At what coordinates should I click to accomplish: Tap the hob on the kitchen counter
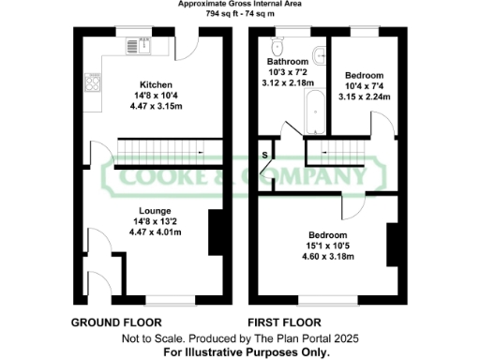[x=95, y=82]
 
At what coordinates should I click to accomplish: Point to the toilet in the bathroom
[x=277, y=46]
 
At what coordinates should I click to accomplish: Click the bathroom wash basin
[x=319, y=55]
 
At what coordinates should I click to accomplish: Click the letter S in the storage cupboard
[x=265, y=153]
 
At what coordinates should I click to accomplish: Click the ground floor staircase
[x=159, y=148]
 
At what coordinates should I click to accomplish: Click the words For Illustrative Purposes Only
[x=247, y=352]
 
